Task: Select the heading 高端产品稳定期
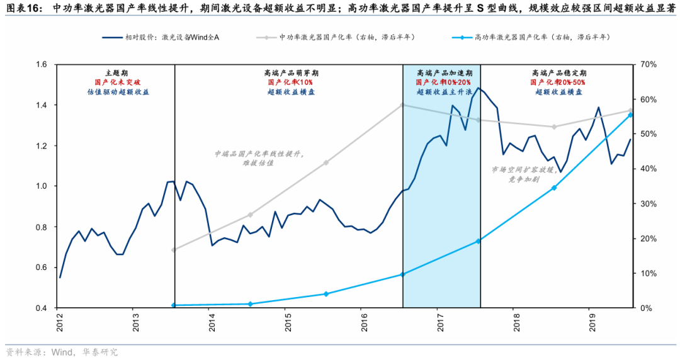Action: [557, 73]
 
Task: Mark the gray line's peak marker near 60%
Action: [402, 105]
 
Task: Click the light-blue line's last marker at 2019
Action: [631, 115]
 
